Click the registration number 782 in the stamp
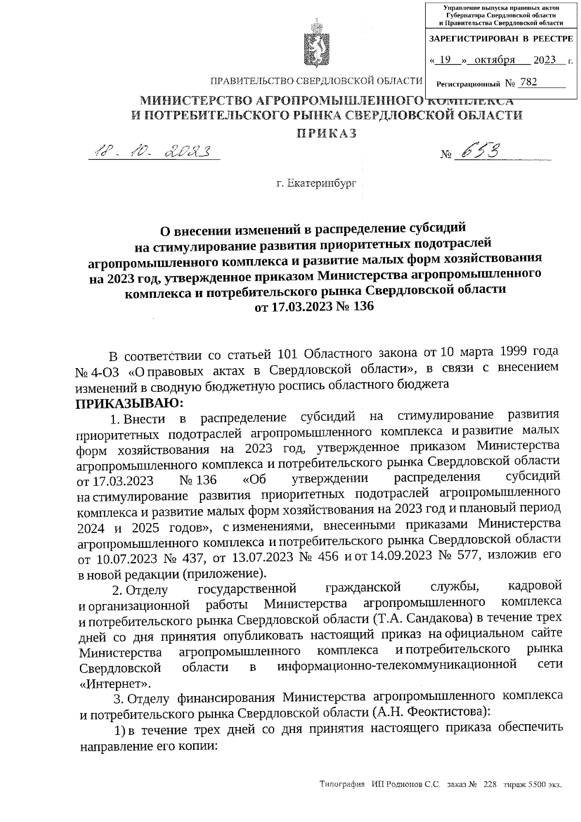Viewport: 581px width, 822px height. pyautogui.click(x=527, y=82)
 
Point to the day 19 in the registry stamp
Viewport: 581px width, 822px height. pyautogui.click(x=446, y=60)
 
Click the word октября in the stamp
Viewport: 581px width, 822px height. pyautogui.click(x=494, y=60)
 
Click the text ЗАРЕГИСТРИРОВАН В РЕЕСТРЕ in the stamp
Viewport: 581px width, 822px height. pyautogui.click(x=501, y=38)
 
